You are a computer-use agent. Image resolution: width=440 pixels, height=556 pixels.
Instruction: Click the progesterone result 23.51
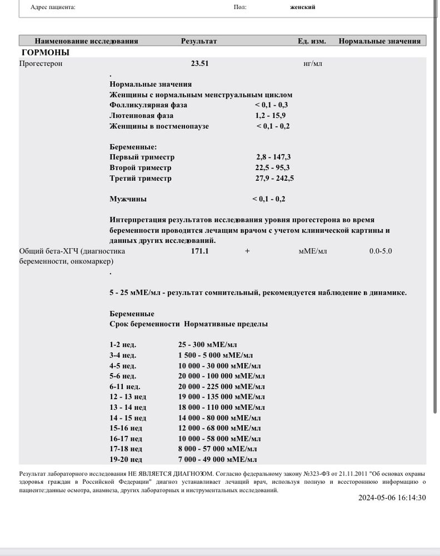pos(199,63)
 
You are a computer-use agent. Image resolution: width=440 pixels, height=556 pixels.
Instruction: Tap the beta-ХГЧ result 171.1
pos(199,251)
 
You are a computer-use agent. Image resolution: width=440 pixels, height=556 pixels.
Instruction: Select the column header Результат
pos(199,41)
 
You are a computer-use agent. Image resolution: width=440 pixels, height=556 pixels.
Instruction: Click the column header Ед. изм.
pos(312,41)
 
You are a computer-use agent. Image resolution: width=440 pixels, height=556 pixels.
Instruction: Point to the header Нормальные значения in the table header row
pos(379,41)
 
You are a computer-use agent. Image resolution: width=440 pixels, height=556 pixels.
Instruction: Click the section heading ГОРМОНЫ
pos(45,53)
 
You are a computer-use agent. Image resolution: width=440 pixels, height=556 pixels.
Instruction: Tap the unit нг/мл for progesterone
pos(313,63)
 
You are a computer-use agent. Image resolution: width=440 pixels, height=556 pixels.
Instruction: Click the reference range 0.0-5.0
pos(381,251)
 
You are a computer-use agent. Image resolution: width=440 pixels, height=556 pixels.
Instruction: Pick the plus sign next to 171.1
pos(247,251)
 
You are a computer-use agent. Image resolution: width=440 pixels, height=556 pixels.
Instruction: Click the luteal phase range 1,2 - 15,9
pos(271,116)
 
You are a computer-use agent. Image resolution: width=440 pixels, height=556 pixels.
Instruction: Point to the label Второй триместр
pos(141,168)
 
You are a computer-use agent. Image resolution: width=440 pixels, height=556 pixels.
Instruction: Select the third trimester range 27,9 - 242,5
pos(274,178)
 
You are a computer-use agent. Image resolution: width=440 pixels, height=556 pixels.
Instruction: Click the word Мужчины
pos(128,198)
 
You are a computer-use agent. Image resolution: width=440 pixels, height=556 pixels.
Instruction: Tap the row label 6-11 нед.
pos(125,386)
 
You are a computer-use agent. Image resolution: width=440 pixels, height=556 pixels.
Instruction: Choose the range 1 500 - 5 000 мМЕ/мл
pos(216,355)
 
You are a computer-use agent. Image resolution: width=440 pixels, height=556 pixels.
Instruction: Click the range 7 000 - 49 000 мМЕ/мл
pos(217,459)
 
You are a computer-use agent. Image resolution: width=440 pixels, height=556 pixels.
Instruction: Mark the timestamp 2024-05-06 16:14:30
pos(392,498)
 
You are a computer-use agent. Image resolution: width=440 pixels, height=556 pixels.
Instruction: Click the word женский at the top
pos(303,7)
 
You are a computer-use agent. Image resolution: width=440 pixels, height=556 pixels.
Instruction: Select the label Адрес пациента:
pos(53,7)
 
